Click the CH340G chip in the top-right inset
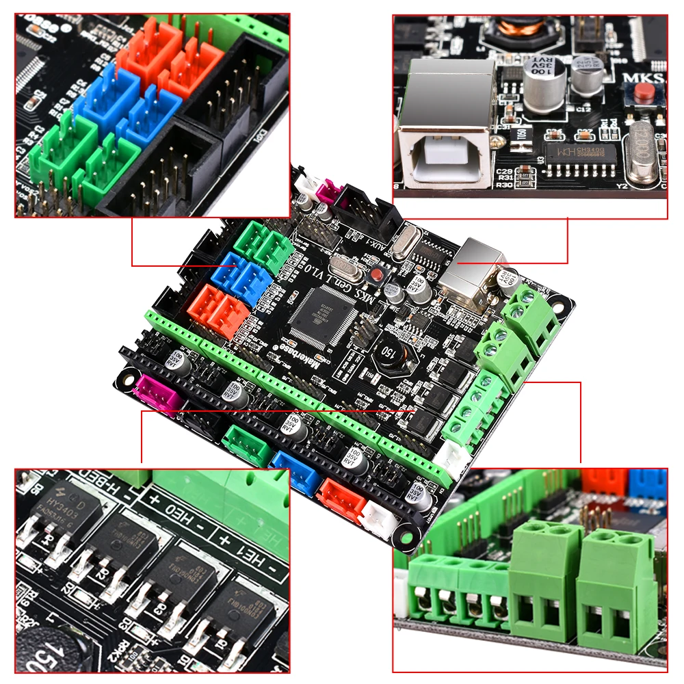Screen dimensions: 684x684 [x=574, y=153]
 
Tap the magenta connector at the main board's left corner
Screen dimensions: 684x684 [x=156, y=393]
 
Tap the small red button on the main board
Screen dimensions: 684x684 [x=375, y=275]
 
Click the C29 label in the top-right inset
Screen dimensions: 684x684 [x=505, y=171]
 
